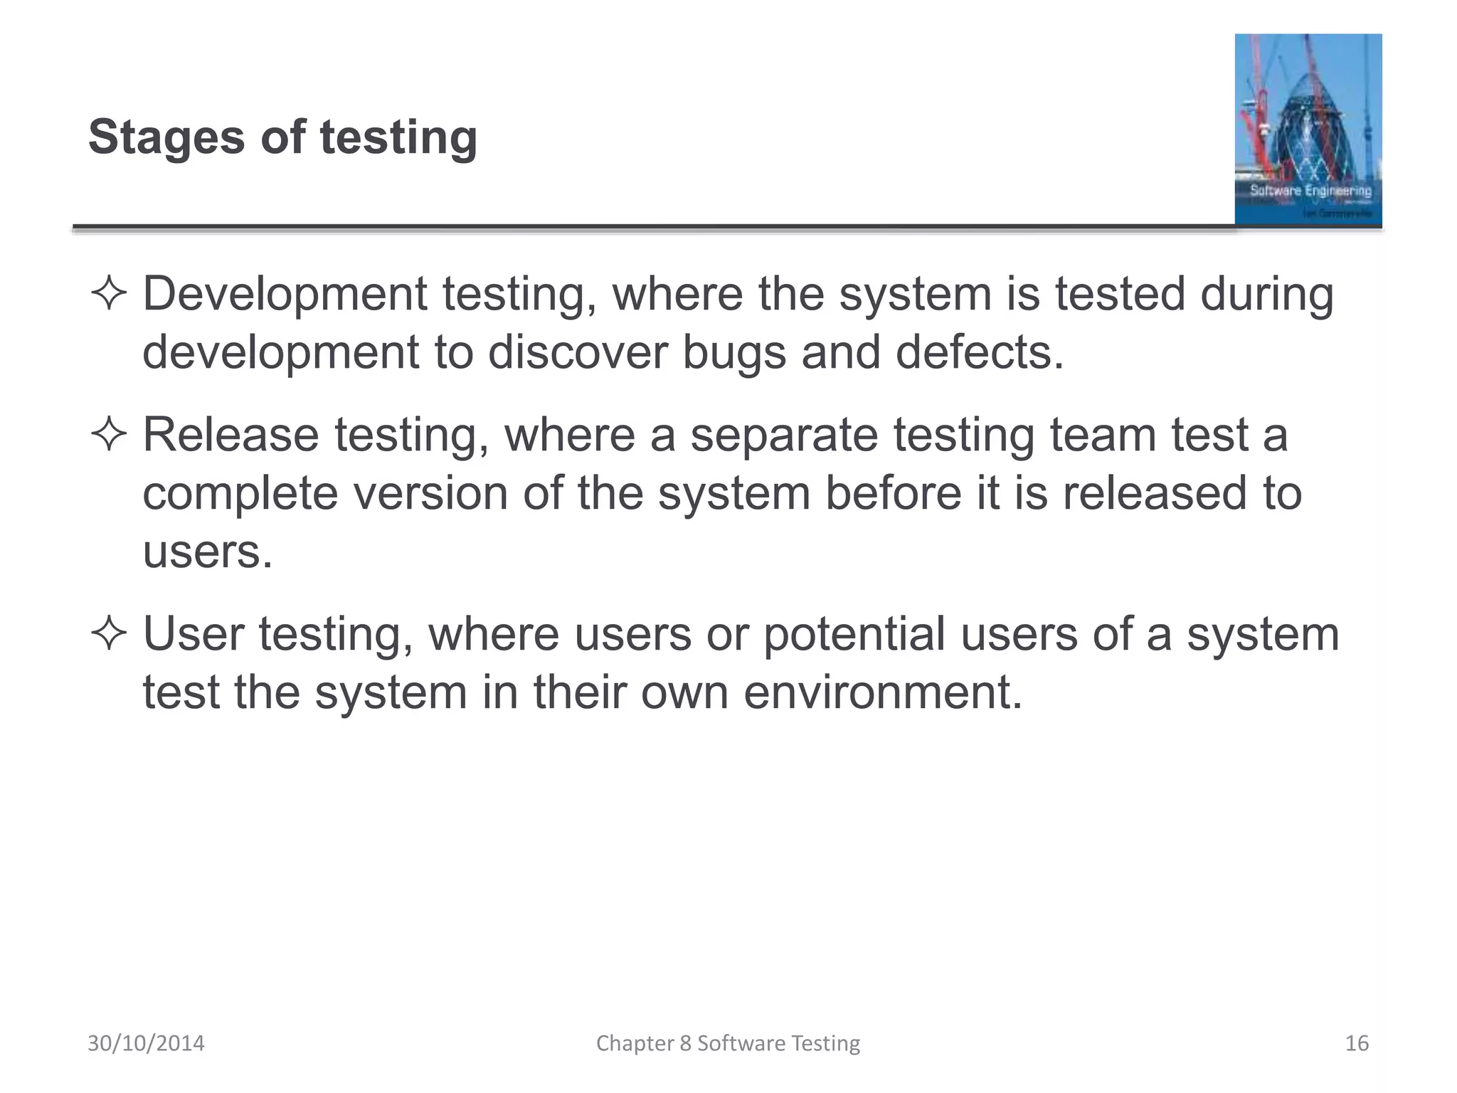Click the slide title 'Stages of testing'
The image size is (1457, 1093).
[x=282, y=137]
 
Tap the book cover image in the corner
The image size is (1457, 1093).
[x=1308, y=130]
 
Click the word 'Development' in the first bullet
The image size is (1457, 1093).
[x=285, y=294]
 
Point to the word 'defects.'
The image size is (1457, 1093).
[x=980, y=352]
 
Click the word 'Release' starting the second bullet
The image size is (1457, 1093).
[x=231, y=435]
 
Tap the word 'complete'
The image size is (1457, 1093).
[x=240, y=493]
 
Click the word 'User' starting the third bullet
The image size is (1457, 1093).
[x=194, y=634]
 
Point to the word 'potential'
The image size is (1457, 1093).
[x=854, y=634]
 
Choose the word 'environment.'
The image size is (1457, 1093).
[x=883, y=692]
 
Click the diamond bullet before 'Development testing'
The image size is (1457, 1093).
[x=109, y=294]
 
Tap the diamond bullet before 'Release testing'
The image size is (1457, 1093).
[x=109, y=435]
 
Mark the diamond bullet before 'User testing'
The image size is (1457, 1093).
[x=109, y=633]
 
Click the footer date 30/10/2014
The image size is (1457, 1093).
[x=146, y=1043]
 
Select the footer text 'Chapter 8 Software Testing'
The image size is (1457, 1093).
[x=728, y=1043]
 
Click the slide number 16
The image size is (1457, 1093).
[x=1357, y=1043]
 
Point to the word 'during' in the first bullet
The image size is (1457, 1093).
[x=1266, y=294]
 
